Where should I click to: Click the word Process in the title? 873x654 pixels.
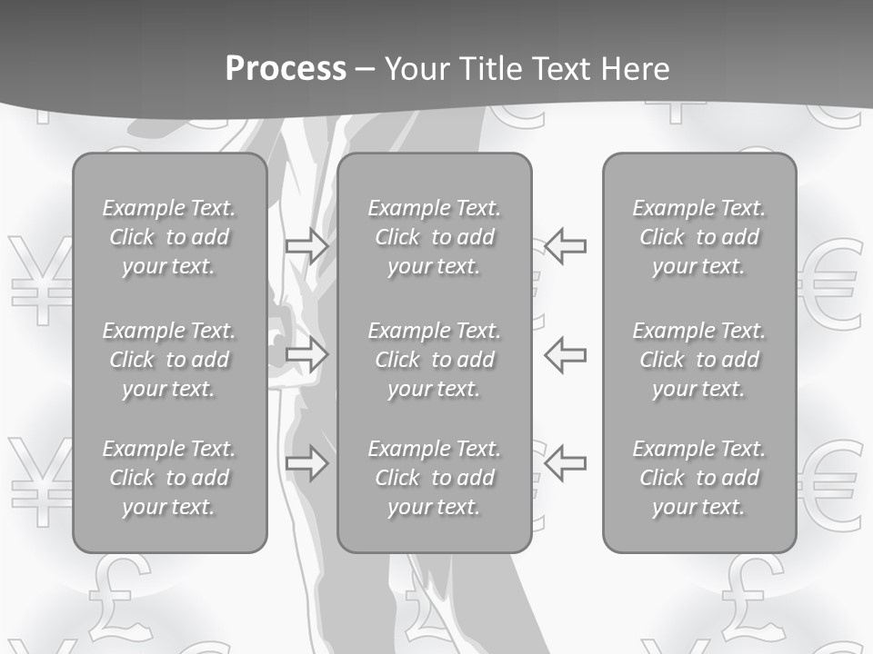pos(286,69)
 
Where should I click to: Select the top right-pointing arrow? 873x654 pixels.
pos(307,245)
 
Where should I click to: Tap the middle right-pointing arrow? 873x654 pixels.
pos(307,353)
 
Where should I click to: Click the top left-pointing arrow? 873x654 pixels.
pos(565,245)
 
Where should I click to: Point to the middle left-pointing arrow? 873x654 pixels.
pos(565,353)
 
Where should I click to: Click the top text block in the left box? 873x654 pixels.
pos(169,237)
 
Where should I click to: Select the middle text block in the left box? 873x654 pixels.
pos(169,360)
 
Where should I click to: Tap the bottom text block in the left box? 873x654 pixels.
pos(169,478)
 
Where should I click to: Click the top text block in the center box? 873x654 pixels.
pos(434,237)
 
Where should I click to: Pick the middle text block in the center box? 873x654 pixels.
pos(434,360)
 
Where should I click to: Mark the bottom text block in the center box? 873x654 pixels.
pos(434,478)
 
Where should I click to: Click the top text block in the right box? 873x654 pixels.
pos(699,237)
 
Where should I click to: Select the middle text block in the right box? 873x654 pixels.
pos(699,360)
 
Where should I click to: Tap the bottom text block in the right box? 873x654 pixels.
pos(699,478)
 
